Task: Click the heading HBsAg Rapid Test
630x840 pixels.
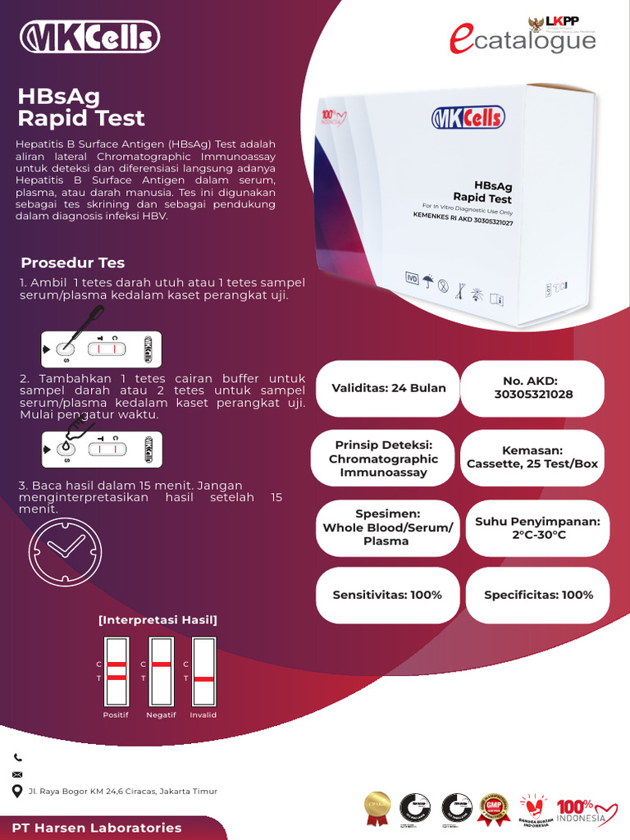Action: [x=81, y=107]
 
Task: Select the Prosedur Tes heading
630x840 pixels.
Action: [x=72, y=262]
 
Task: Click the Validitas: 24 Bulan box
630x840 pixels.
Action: [x=388, y=388]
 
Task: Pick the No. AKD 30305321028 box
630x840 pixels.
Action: [x=533, y=388]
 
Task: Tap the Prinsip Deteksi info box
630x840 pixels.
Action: [x=383, y=459]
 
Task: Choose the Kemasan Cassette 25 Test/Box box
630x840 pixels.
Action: [x=532, y=458]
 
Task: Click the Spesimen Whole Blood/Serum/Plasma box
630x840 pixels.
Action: [x=387, y=527]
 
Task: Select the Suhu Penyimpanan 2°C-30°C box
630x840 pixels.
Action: [x=537, y=527]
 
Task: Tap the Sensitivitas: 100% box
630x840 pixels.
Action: [x=387, y=595]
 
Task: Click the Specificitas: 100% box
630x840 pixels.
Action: [x=538, y=595]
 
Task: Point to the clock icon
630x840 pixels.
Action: [x=65, y=550]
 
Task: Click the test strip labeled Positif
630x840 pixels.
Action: [x=117, y=671]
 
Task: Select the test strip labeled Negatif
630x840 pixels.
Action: [x=162, y=671]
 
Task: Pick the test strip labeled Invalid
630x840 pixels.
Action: [x=203, y=671]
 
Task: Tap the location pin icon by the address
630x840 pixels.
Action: [x=18, y=792]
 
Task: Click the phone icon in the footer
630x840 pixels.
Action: [x=18, y=758]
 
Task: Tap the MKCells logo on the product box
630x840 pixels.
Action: [x=468, y=118]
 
